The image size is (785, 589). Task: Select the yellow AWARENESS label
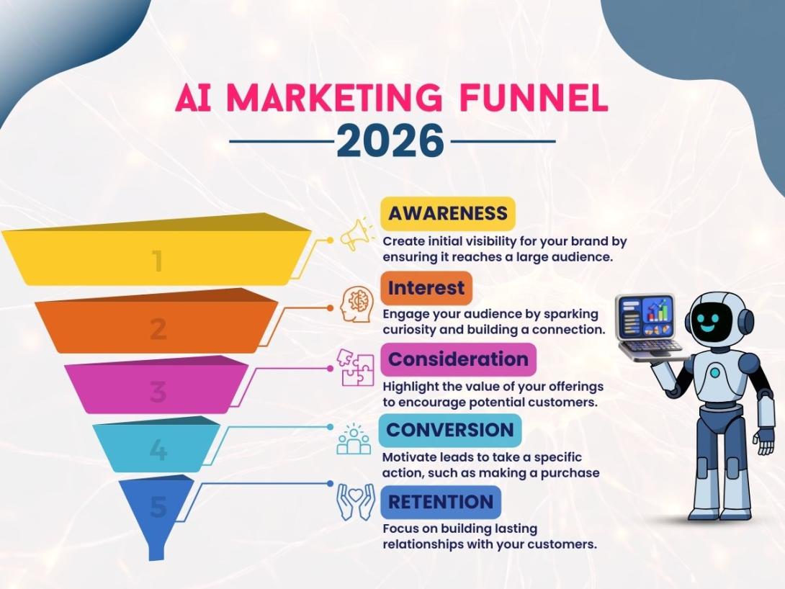[x=447, y=213]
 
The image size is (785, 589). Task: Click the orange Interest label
[x=426, y=288]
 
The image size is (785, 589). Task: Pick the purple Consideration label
[x=458, y=359]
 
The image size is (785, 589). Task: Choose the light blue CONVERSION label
[x=450, y=430]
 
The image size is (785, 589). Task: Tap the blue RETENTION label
[x=441, y=501]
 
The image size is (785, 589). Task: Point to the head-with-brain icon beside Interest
[x=358, y=306]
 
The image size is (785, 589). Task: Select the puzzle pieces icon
[x=358, y=368]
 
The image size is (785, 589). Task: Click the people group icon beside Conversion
[x=354, y=439]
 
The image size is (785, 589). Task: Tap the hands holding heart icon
[x=356, y=501]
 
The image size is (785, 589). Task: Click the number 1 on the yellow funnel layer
[x=157, y=261]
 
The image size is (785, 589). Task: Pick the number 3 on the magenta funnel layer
[x=158, y=392]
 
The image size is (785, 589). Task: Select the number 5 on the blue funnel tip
[x=158, y=508]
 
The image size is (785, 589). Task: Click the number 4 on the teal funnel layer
[x=158, y=451]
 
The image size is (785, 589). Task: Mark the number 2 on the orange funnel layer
[x=158, y=329]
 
